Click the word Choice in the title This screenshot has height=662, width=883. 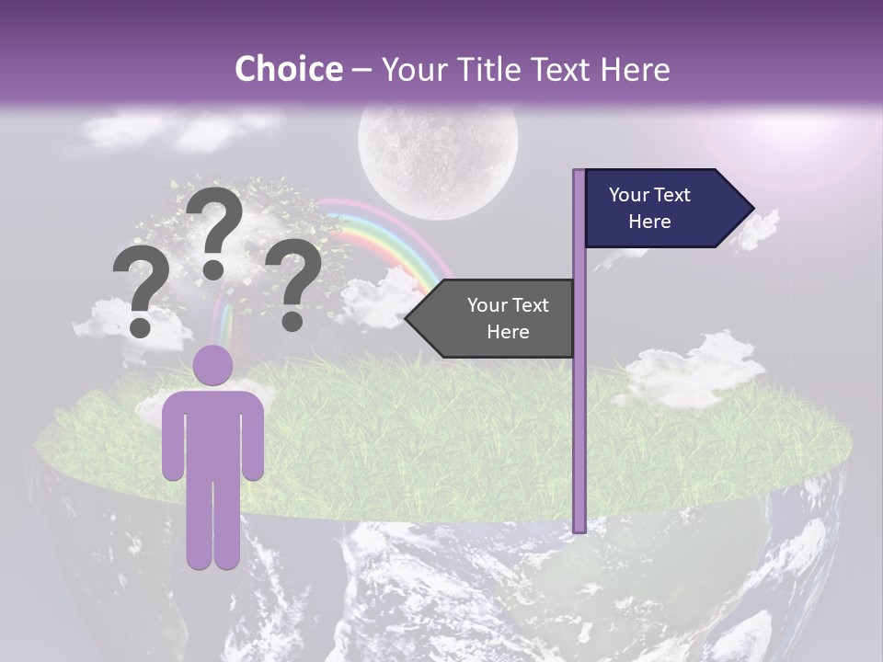click(288, 69)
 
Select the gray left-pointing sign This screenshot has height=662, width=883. click(497, 318)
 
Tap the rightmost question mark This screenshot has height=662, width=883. click(293, 280)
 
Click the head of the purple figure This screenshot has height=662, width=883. click(213, 365)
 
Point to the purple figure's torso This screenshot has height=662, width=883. click(213, 432)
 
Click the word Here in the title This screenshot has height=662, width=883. click(632, 69)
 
